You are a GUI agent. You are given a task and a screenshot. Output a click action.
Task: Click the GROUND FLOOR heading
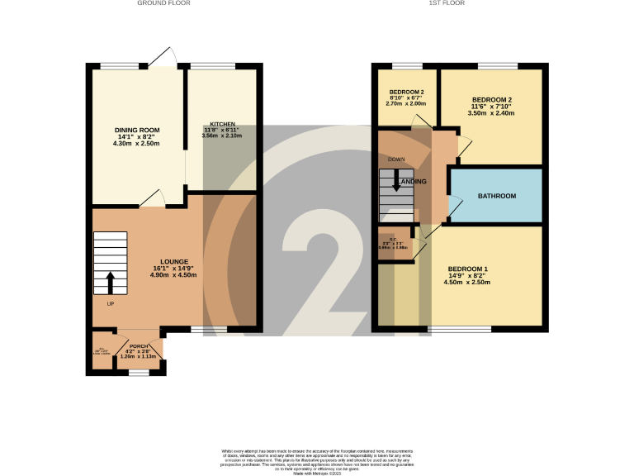[x=163, y=3]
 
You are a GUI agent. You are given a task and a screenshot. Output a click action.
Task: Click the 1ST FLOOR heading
[x=447, y=3]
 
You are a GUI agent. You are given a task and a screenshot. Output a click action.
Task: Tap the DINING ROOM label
[x=137, y=130]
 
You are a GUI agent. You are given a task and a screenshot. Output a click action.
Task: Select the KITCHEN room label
[x=222, y=123]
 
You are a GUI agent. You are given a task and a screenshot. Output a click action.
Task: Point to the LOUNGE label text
[x=174, y=261]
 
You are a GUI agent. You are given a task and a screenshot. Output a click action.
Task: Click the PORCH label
[x=139, y=345]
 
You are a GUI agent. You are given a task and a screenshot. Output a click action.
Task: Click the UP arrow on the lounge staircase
[x=110, y=282]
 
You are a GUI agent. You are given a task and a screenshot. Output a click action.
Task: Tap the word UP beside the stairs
[x=110, y=303]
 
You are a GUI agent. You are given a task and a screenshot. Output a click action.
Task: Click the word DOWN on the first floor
[x=396, y=159]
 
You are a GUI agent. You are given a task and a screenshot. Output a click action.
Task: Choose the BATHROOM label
[x=497, y=196]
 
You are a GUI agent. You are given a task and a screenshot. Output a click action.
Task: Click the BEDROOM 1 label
[x=467, y=269]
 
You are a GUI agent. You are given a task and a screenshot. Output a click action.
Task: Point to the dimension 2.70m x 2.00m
[x=406, y=104]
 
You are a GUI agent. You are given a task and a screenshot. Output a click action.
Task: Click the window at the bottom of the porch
[x=139, y=373]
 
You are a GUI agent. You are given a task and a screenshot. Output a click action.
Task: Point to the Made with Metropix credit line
[x=317, y=472]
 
